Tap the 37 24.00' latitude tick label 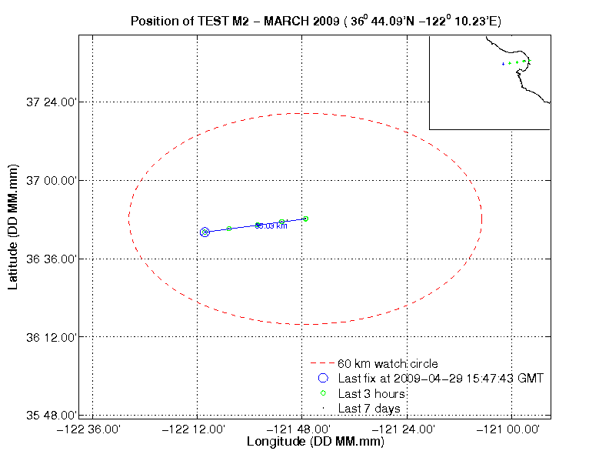(51, 102)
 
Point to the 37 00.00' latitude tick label (51, 180)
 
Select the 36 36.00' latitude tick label (51, 259)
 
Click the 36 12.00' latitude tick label (51, 337)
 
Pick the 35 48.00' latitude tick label (51, 416)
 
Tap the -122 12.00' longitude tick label (198, 429)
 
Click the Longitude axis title (315, 443)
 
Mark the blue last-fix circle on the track (205, 232)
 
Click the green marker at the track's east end (306, 219)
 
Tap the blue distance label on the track (271, 226)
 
